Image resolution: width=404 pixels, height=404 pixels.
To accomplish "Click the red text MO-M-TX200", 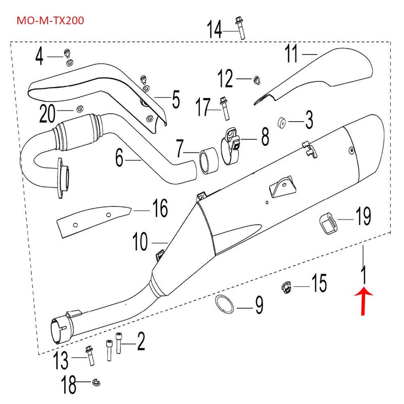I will (x=50, y=21).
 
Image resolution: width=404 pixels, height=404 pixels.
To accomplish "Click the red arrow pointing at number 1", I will (x=364, y=300).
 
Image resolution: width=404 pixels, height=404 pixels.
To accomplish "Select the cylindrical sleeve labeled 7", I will (x=209, y=160).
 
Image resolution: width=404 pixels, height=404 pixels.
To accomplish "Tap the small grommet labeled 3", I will (x=283, y=122).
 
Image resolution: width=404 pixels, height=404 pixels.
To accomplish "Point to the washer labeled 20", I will (x=80, y=109).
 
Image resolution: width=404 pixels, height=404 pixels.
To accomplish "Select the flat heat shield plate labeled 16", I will (x=91, y=218).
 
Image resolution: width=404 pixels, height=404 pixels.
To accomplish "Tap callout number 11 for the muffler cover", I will (x=291, y=54).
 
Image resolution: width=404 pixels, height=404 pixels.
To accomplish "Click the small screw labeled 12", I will (x=257, y=78).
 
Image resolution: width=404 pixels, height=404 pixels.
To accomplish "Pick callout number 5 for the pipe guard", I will (x=175, y=99).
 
